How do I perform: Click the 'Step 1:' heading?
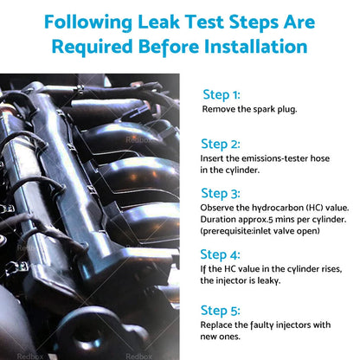coord(222,95)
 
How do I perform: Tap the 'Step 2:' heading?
coord(221,145)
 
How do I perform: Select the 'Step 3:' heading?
coord(221,194)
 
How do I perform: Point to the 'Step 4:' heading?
coord(220,255)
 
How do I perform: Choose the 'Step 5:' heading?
coord(220,311)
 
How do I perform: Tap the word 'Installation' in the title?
coord(256,47)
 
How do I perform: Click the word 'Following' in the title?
coord(88,23)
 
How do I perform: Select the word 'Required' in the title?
coord(93,48)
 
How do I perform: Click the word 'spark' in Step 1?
coord(264,110)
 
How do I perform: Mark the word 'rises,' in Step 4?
coord(331,269)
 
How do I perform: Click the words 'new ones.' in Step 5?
coord(221,337)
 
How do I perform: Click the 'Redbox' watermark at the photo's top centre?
coord(138,140)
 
